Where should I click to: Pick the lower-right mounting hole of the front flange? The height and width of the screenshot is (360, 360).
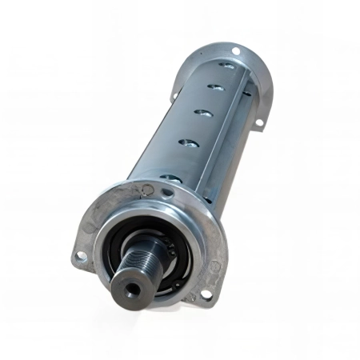click(x=206, y=294)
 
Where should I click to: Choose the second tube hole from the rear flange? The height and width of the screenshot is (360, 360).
click(x=217, y=86)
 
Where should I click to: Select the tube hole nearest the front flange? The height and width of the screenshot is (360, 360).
click(x=170, y=178)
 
